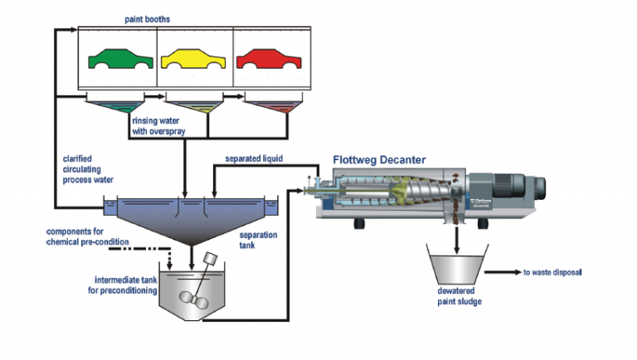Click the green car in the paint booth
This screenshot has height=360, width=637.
click(116, 59)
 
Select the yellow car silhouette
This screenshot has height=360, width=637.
click(193, 59)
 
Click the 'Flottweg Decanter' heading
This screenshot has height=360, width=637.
click(382, 159)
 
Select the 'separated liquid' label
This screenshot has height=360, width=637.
click(254, 158)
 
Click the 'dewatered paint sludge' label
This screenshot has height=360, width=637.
click(456, 296)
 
